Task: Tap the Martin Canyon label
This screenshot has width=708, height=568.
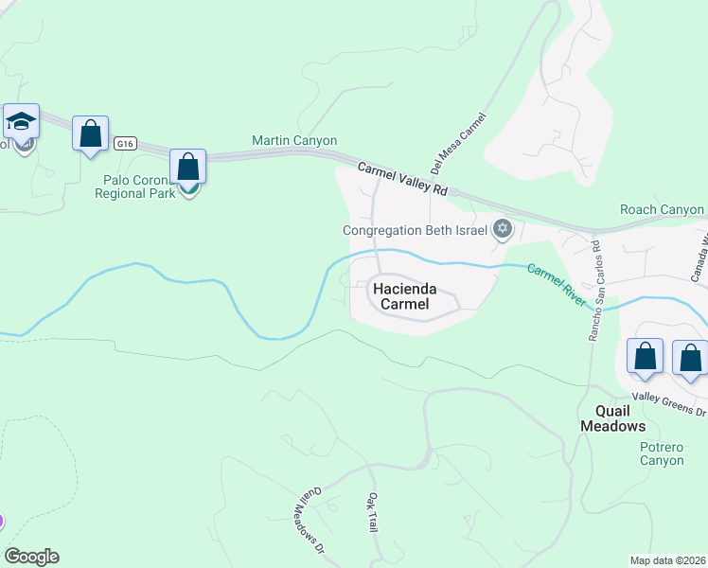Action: click(294, 140)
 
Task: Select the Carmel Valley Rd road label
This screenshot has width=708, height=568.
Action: click(402, 178)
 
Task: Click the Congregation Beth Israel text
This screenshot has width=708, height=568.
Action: click(415, 229)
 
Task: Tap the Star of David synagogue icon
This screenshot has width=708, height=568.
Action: click(503, 227)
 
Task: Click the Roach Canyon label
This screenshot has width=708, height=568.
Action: click(662, 209)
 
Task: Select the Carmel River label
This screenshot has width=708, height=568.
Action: click(559, 284)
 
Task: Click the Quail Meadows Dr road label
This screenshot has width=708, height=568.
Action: click(313, 521)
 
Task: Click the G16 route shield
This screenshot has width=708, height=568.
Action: click(125, 144)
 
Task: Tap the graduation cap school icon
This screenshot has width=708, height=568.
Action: click(20, 122)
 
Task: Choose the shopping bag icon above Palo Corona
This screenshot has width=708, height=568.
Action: click(188, 167)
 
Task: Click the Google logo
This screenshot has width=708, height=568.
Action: click(31, 557)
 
